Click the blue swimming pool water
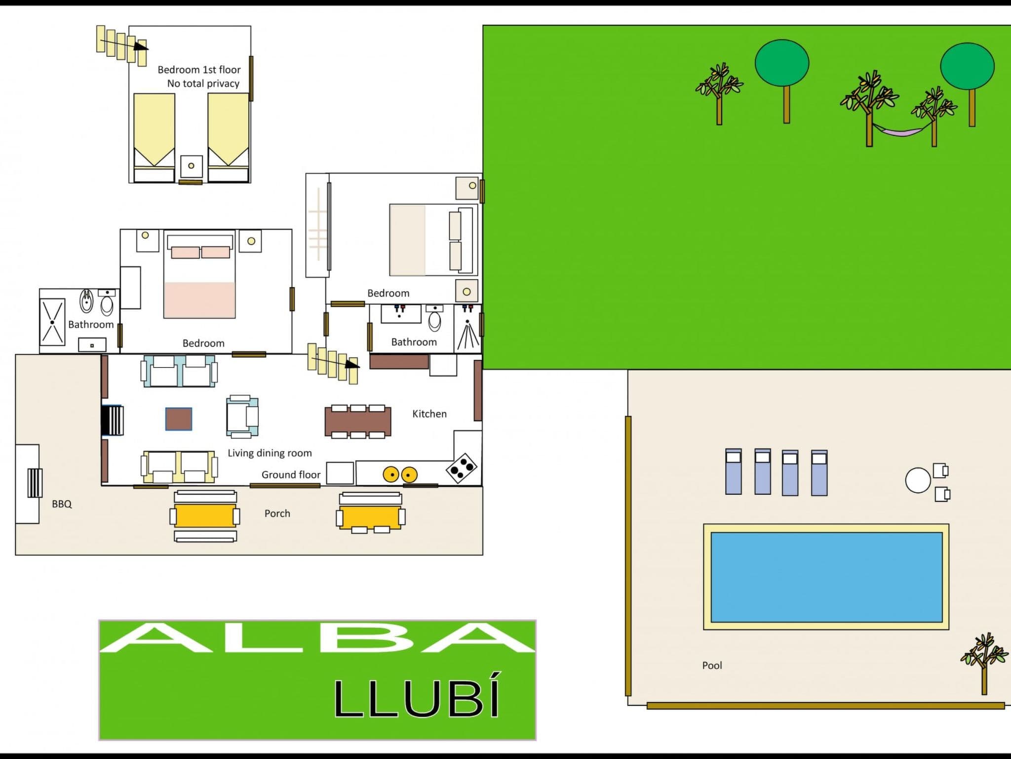[x=826, y=577]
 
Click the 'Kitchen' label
[x=429, y=414]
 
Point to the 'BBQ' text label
[x=62, y=504]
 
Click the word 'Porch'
[x=277, y=513]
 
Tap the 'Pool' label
[x=712, y=666]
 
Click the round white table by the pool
[x=918, y=480]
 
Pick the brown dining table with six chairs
[x=358, y=422]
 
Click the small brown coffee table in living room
[x=179, y=419]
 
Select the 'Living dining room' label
[x=270, y=453]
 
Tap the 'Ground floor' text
[x=291, y=475]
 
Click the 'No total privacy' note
[x=203, y=84]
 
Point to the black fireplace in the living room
[x=112, y=421]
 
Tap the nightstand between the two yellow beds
[x=192, y=166]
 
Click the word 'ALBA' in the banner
[x=317, y=637]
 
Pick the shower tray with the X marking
[x=52, y=322]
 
